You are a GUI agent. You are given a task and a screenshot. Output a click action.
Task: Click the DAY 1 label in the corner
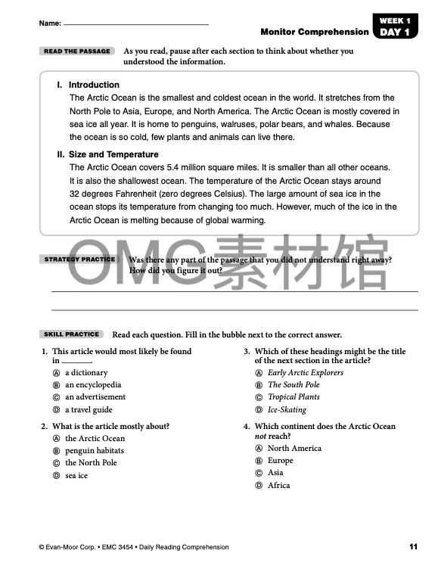click(x=396, y=33)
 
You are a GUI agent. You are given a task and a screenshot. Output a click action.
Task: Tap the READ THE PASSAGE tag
click(x=77, y=51)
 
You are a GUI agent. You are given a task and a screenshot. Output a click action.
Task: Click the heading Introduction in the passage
click(x=94, y=85)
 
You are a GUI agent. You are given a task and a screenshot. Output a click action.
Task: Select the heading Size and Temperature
click(x=113, y=154)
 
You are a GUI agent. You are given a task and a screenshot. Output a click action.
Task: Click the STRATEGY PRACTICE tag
click(x=79, y=260)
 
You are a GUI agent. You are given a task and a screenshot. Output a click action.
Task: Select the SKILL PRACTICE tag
click(x=72, y=334)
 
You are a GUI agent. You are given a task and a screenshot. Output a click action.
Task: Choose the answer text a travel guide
click(x=89, y=409)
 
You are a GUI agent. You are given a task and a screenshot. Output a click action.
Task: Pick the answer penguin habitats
click(x=95, y=450)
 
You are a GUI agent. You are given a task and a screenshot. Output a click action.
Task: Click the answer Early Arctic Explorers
click(x=305, y=372)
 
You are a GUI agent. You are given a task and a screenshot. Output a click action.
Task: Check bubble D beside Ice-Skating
click(x=259, y=410)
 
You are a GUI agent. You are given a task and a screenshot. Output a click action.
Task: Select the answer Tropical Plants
click(x=294, y=397)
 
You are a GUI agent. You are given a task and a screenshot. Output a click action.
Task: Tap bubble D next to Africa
click(x=259, y=486)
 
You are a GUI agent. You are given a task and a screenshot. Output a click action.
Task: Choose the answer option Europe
click(x=280, y=460)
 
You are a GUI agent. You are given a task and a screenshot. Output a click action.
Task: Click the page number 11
click(x=413, y=546)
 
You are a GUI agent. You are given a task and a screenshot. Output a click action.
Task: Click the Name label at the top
click(x=50, y=24)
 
